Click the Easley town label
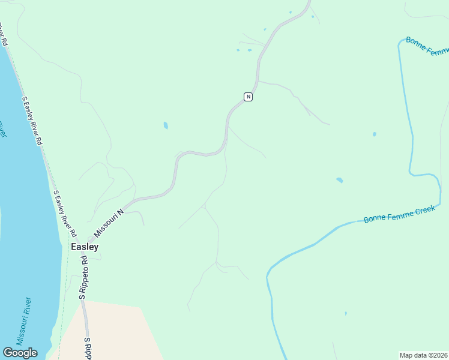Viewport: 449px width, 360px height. click(85, 247)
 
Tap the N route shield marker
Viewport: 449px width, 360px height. click(248, 97)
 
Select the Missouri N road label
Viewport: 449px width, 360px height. click(108, 222)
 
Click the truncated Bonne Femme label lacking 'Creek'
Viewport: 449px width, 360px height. click(427, 47)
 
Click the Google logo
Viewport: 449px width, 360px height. click(20, 353)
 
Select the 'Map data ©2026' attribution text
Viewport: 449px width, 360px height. click(423, 355)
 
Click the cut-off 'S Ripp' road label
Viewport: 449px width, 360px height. click(88, 349)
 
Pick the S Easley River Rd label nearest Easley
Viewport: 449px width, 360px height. click(65, 214)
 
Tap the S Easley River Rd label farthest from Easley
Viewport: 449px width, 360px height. click(32, 120)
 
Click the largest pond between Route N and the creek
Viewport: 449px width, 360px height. click(340, 180)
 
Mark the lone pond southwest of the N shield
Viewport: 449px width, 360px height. click(166, 126)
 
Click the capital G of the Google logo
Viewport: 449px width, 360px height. click(7, 353)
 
